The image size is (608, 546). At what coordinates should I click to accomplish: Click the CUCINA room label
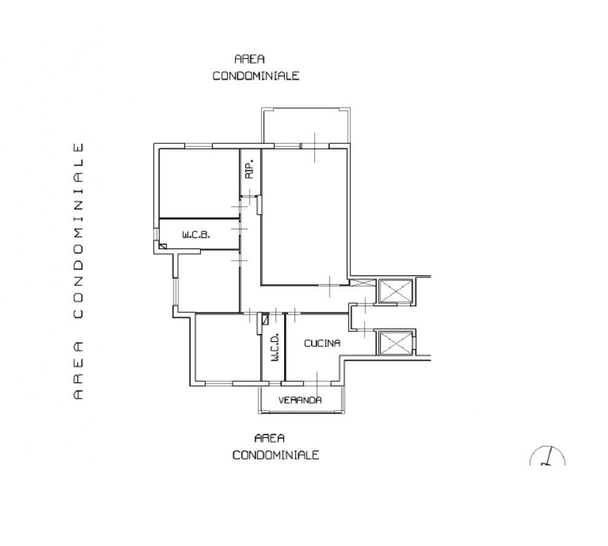point(322,343)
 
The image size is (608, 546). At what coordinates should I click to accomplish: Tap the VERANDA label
point(300,400)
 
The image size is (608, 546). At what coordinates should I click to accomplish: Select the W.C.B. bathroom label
point(196,235)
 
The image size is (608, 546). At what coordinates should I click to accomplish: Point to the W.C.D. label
point(275,347)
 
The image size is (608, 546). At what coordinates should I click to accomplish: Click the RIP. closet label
point(250,168)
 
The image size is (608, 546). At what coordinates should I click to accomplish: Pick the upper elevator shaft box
point(395,290)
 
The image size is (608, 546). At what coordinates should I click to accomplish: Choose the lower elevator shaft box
point(395,343)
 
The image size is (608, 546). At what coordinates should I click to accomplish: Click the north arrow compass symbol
point(547,456)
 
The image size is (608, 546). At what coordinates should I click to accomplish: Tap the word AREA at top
point(250,59)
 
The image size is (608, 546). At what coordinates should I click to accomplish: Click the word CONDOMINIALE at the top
point(256,76)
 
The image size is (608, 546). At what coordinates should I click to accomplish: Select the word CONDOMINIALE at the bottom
point(275,455)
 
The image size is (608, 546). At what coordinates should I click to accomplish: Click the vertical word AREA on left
point(78,370)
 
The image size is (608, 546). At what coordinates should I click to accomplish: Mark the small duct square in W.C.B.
point(162,246)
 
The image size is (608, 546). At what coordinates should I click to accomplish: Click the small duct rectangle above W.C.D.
point(265,319)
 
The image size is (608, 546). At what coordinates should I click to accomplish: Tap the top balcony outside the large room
point(306,125)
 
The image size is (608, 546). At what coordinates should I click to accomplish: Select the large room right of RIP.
point(304,217)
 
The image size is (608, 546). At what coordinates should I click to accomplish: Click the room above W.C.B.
point(199,183)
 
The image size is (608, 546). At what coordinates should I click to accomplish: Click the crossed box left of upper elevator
point(363,282)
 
